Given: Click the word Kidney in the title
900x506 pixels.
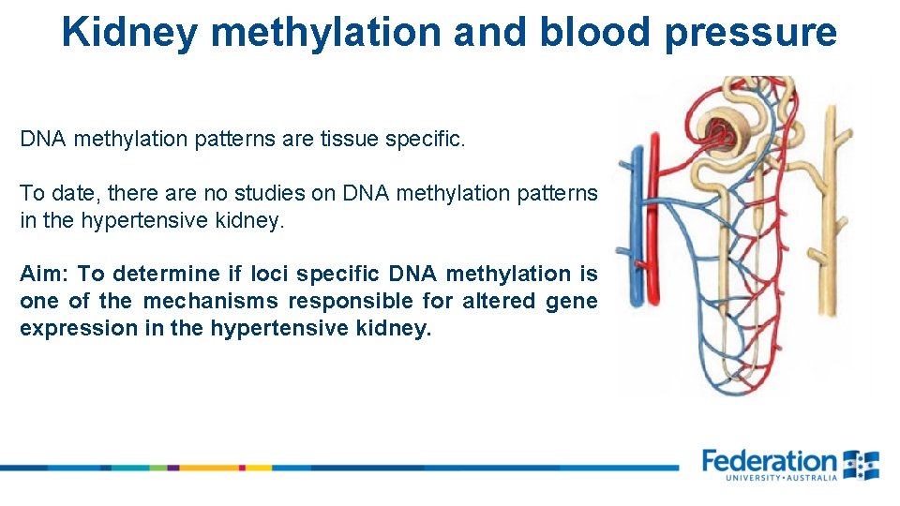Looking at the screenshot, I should tap(129, 32).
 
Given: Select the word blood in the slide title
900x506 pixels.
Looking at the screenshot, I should tap(594, 32).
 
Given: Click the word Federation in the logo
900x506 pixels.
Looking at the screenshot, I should tap(769, 461).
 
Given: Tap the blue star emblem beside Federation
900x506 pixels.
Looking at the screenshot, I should tap(861, 464).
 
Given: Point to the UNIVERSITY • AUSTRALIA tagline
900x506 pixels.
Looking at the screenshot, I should tap(780, 478).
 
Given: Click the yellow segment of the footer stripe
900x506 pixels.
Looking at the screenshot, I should tap(259, 467).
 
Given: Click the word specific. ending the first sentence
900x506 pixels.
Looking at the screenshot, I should tap(432, 140).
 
